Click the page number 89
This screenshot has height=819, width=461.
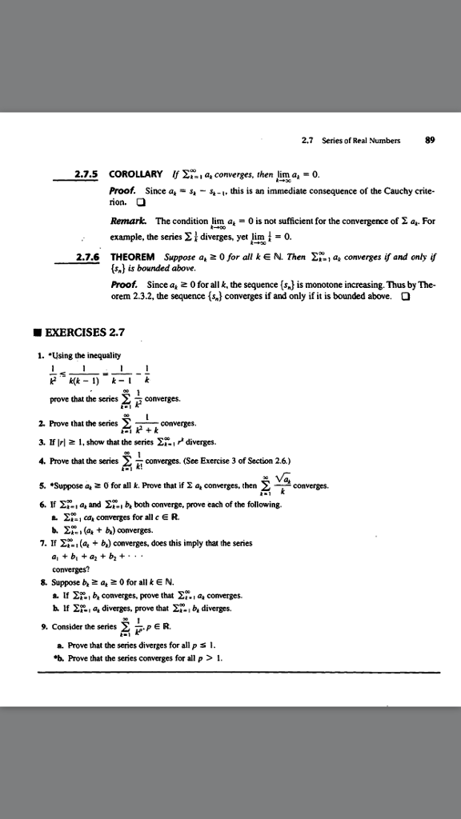[430, 139]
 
